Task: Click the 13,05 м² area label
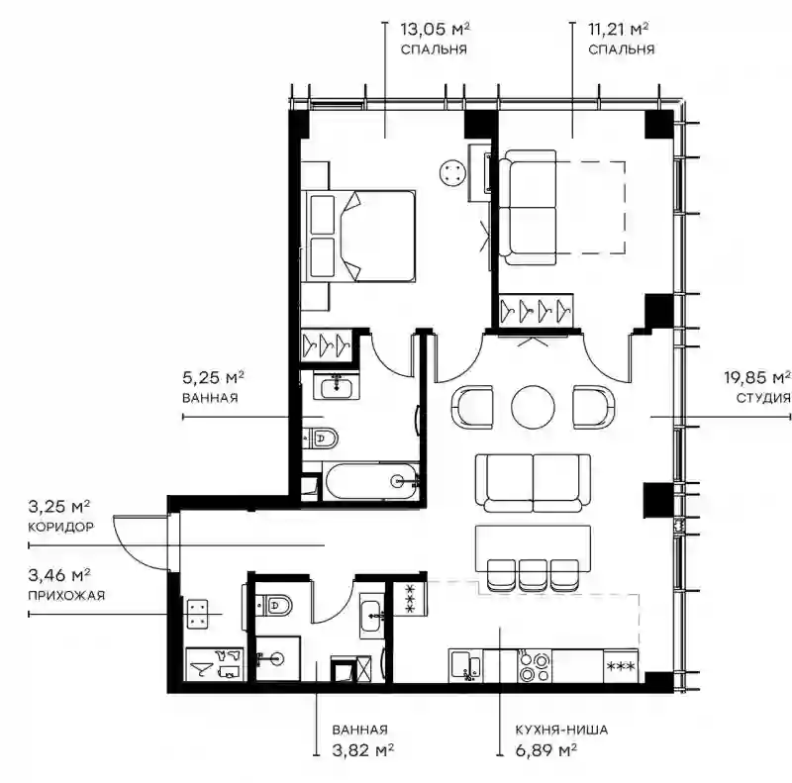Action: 435,30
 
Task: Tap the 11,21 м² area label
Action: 618,30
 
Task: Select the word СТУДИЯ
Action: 762,398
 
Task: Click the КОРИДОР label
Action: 60,527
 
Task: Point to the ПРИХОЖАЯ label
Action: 66,596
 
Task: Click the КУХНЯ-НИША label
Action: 561,730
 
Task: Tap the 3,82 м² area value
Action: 362,750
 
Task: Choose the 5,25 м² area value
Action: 213,377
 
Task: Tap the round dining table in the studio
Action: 533,408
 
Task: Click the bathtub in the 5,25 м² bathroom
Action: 372,481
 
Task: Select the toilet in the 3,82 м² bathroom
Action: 272,604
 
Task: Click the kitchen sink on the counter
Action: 465,666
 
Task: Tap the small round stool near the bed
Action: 451,174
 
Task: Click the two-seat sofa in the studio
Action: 533,483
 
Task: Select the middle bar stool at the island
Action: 533,575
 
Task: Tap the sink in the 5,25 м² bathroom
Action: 337,386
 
